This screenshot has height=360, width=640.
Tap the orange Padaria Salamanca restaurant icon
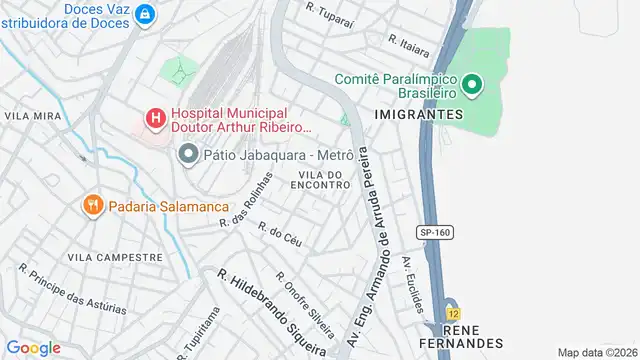[92, 204]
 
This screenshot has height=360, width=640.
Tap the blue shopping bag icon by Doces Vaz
[146, 14]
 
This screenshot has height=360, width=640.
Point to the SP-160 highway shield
[433, 232]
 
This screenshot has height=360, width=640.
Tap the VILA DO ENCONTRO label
[322, 180]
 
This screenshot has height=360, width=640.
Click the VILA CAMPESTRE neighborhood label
[114, 257]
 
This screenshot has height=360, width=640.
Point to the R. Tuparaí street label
[329, 14]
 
